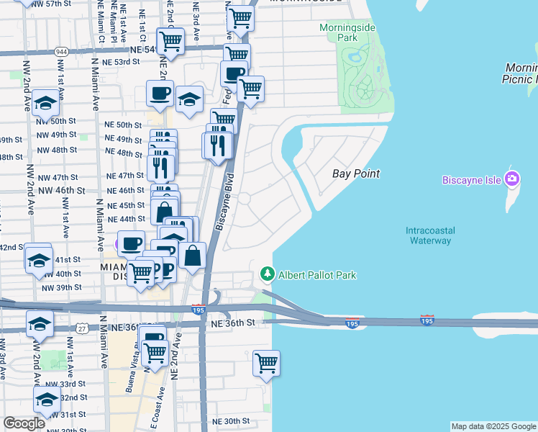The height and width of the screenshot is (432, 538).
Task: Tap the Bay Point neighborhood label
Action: pyautogui.click(x=355, y=174)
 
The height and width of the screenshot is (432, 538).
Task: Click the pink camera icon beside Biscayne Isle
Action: pyautogui.click(x=512, y=179)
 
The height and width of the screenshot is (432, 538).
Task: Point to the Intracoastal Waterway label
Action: pyautogui.click(x=431, y=235)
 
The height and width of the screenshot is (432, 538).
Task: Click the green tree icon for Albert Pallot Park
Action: pyautogui.click(x=267, y=274)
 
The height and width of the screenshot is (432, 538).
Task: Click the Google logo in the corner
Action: pyautogui.click(x=24, y=423)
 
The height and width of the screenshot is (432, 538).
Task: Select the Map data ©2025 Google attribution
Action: pyautogui.click(x=493, y=426)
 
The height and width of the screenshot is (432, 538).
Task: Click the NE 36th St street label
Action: pyautogui.click(x=234, y=323)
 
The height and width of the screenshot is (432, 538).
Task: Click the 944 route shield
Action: pyautogui.click(x=61, y=51)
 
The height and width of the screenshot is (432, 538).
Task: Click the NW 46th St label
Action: pyautogui.click(x=63, y=190)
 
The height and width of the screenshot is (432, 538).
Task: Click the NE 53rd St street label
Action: pyautogui.click(x=122, y=62)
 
